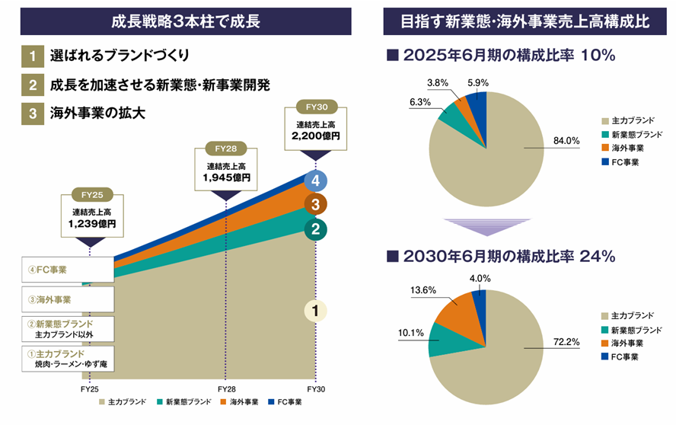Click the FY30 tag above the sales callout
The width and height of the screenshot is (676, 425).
point(314,107)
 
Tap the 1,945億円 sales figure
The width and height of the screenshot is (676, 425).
point(226,177)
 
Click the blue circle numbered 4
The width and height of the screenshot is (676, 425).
point(314,181)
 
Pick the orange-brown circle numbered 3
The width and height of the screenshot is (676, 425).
point(314,204)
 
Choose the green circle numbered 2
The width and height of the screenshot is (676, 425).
point(314,228)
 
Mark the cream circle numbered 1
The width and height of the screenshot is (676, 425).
point(314,310)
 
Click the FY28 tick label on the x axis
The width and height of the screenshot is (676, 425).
point(226,388)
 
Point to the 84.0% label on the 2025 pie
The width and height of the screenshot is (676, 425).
point(561,140)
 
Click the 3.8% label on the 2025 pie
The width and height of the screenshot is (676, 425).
point(437,81)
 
